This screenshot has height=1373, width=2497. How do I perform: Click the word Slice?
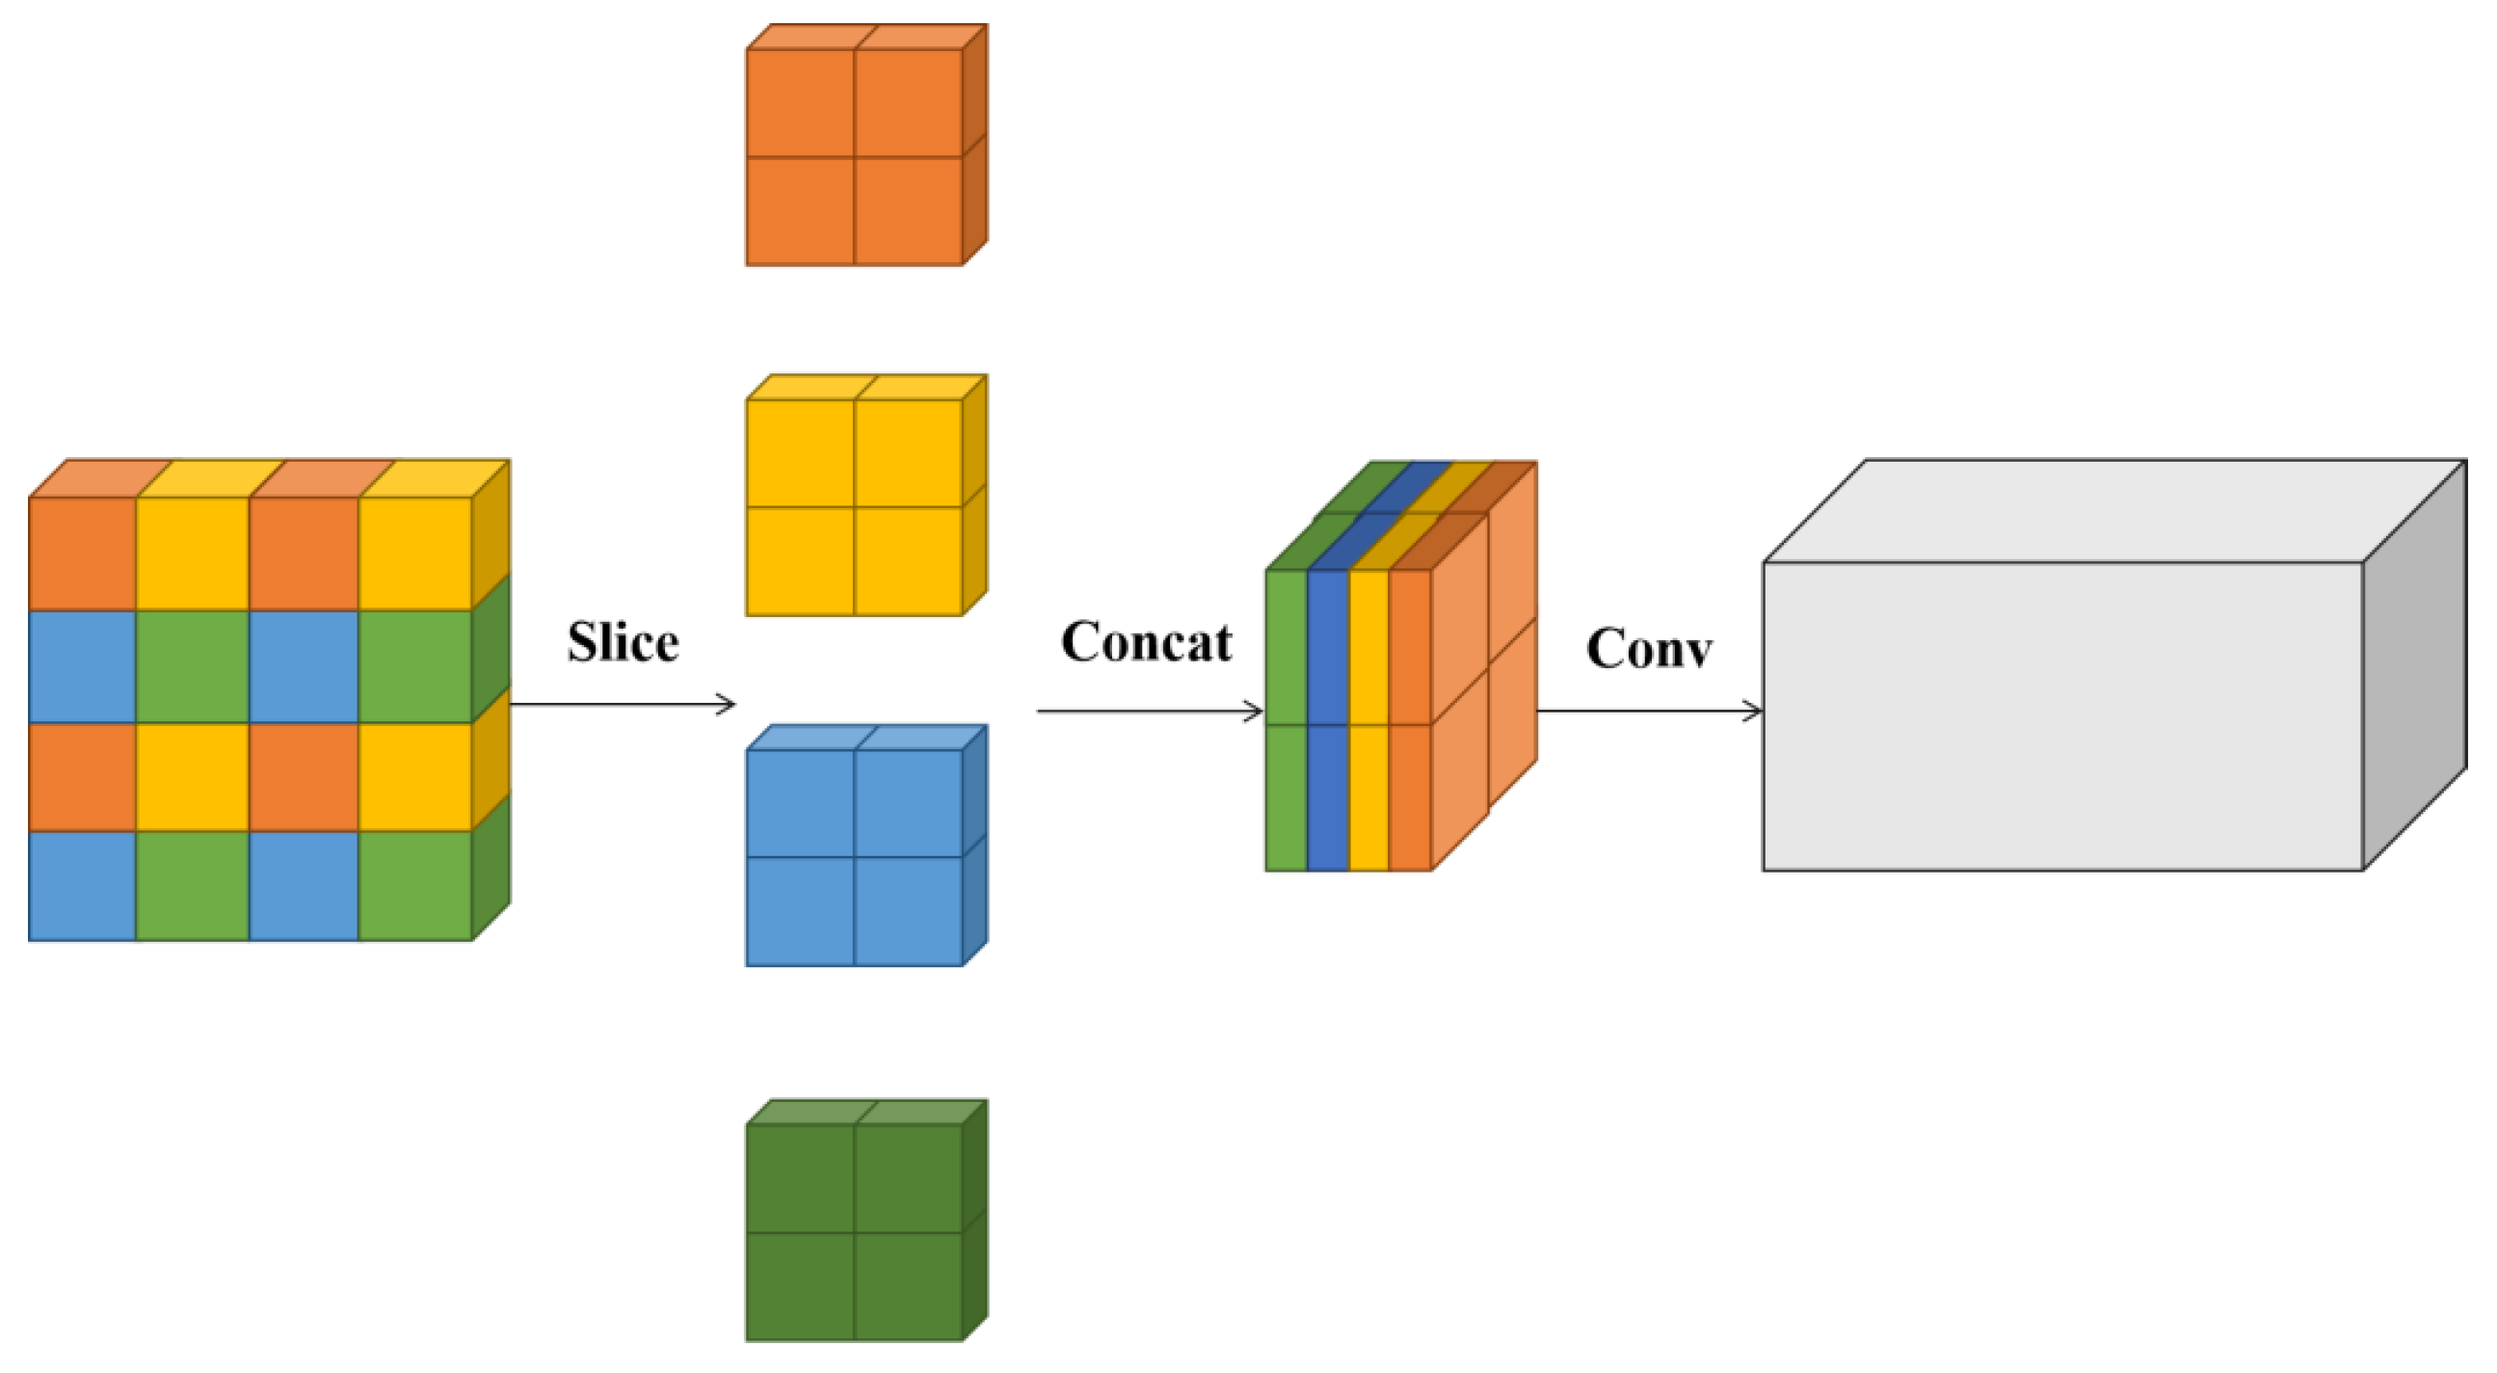pyautogui.click(x=623, y=642)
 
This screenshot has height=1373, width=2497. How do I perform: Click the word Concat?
pyautogui.click(x=1146, y=642)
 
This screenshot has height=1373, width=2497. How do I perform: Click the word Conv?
pyautogui.click(x=1648, y=648)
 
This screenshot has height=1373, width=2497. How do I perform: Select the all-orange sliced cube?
pyautogui.click(x=855, y=155)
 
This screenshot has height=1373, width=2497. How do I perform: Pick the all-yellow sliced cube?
pyautogui.click(x=855, y=505)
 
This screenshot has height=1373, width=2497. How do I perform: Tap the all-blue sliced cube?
pyautogui.click(x=855, y=856)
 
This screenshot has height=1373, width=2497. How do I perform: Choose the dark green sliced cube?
pyautogui.click(x=855, y=1230)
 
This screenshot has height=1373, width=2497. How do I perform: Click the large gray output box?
pyautogui.click(x=2061, y=715)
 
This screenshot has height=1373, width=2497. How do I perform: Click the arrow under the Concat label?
pyautogui.click(x=1150, y=711)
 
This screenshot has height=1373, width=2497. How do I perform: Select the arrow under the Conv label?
pyautogui.click(x=1648, y=711)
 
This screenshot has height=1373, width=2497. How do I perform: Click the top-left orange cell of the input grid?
pyautogui.click(x=82, y=553)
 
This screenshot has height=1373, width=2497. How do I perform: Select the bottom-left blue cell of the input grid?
pyautogui.click(x=82, y=885)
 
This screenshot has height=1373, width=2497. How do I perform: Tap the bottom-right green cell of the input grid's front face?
pyautogui.click(x=414, y=885)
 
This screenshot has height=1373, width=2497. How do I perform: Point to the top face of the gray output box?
pyautogui.click(x=2113, y=510)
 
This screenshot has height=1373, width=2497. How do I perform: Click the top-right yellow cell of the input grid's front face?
pyautogui.click(x=414, y=553)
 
